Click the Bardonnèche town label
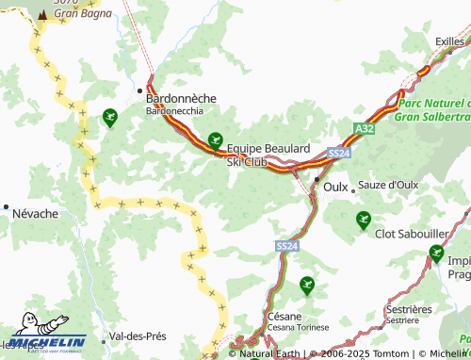click(180, 98)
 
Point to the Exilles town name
click(449, 41)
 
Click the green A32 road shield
click(365, 128)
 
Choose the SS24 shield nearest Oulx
click(339, 153)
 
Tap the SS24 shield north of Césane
click(287, 246)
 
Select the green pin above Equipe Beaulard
click(216, 139)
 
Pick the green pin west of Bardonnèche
click(110, 117)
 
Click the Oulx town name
click(335, 187)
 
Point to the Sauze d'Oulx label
click(389, 186)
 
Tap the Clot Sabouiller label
click(411, 233)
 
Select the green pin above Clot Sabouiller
click(364, 220)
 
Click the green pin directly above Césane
click(306, 284)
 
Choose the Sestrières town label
click(409, 309)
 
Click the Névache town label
click(35, 214)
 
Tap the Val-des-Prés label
click(138, 336)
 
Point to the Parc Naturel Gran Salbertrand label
click(432, 109)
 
